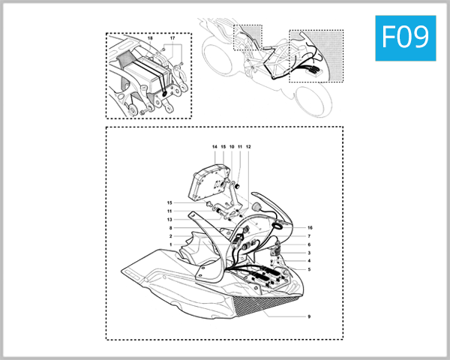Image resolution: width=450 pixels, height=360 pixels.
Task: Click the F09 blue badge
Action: coord(406,38)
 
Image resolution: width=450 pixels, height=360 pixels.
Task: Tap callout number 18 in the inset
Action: coord(150,38)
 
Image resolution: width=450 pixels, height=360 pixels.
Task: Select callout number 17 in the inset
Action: coord(172,38)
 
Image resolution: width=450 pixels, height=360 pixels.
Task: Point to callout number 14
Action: coord(214,147)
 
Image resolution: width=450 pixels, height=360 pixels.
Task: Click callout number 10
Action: coord(232,147)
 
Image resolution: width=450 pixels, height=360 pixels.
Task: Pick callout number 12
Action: coord(248,147)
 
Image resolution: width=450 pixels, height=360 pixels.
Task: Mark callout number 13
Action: coord(169,220)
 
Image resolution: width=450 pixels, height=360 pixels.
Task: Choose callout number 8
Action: coord(171,228)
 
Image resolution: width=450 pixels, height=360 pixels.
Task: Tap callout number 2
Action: coord(171,236)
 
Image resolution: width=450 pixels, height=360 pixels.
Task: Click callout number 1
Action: coord(171,245)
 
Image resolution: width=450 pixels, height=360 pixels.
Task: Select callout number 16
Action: coord(310,228)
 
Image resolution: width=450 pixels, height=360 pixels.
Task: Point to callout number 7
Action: coord(309,236)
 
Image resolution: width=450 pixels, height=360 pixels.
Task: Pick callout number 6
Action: coord(309,245)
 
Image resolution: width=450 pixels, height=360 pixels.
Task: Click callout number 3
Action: coord(309,253)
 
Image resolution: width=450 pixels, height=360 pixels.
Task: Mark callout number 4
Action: coord(309,261)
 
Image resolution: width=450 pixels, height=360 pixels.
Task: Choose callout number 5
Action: coord(309,269)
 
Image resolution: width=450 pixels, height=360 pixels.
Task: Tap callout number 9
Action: coord(309,316)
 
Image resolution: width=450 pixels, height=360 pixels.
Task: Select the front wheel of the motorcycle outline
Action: coord(313,101)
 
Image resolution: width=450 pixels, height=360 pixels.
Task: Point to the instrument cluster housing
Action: coord(209,181)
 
